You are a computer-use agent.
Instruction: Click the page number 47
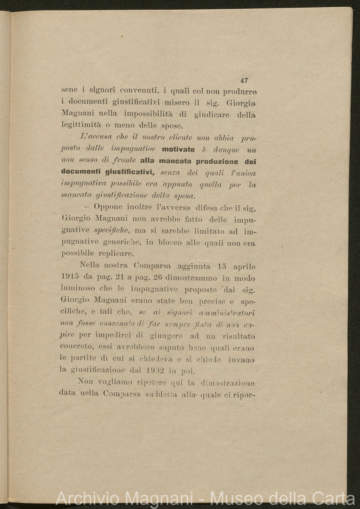tap(244, 80)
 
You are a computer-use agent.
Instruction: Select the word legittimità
tap(80, 126)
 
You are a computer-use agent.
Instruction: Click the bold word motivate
tap(178, 149)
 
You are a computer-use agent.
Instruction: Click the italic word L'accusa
tap(94, 138)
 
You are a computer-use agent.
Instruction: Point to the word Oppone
tap(108, 207)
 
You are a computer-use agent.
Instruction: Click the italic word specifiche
tap(111, 231)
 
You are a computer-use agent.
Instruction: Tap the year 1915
tap(70, 278)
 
